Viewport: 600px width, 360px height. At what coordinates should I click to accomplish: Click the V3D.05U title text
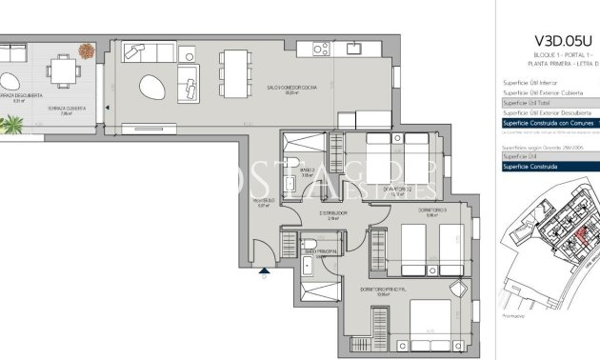tap(562, 43)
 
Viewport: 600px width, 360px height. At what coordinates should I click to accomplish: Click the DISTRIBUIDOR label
tap(331, 214)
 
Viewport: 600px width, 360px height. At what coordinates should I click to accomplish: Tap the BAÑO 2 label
tap(307, 171)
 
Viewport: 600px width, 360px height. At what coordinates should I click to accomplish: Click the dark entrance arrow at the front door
tap(263, 272)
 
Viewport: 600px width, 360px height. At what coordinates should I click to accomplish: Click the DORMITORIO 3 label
tap(431, 210)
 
